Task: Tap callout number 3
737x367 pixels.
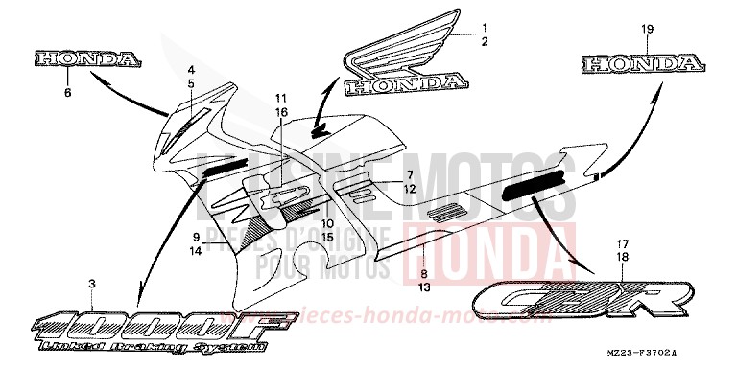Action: click(x=91, y=284)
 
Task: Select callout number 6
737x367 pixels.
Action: click(x=67, y=94)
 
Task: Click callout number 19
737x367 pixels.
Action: click(x=646, y=30)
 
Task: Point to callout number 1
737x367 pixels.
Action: click(x=485, y=27)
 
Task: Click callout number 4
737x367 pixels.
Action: click(x=192, y=70)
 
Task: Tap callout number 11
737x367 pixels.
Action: click(x=281, y=99)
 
